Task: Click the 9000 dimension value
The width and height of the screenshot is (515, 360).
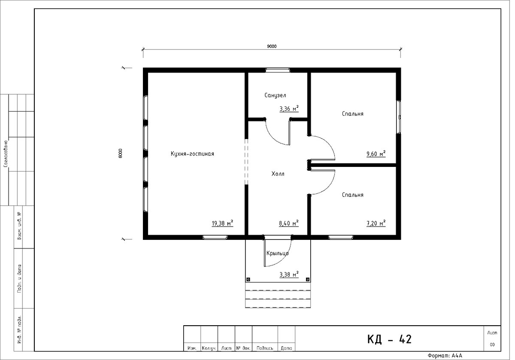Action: click(x=272, y=46)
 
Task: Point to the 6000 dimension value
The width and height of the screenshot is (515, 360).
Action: click(x=121, y=153)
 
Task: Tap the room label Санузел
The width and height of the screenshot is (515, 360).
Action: click(x=275, y=95)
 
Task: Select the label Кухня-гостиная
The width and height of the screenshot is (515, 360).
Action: click(x=192, y=154)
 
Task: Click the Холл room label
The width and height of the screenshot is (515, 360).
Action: click(x=278, y=174)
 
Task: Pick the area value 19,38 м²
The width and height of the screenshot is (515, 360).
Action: click(x=222, y=223)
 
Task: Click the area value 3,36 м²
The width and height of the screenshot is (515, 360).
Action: click(x=289, y=108)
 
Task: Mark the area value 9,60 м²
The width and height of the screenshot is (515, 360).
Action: click(x=376, y=154)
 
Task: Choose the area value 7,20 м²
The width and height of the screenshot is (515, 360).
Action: click(x=376, y=223)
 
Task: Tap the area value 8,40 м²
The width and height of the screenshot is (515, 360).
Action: click(x=289, y=223)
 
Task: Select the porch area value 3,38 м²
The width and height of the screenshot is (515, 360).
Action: click(x=289, y=274)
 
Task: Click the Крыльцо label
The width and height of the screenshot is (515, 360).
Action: click(x=278, y=253)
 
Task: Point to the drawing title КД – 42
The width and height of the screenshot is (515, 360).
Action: click(x=389, y=339)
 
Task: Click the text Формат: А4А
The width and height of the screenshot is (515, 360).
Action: click(x=445, y=356)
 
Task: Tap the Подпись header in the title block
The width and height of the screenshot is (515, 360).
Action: click(x=265, y=348)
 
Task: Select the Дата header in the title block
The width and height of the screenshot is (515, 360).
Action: click(x=287, y=348)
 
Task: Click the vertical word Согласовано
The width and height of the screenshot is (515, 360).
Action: click(x=6, y=154)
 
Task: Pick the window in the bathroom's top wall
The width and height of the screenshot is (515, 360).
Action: click(x=278, y=70)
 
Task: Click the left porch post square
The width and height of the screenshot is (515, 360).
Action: click(x=248, y=279)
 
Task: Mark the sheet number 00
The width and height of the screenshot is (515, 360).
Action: click(x=492, y=345)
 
